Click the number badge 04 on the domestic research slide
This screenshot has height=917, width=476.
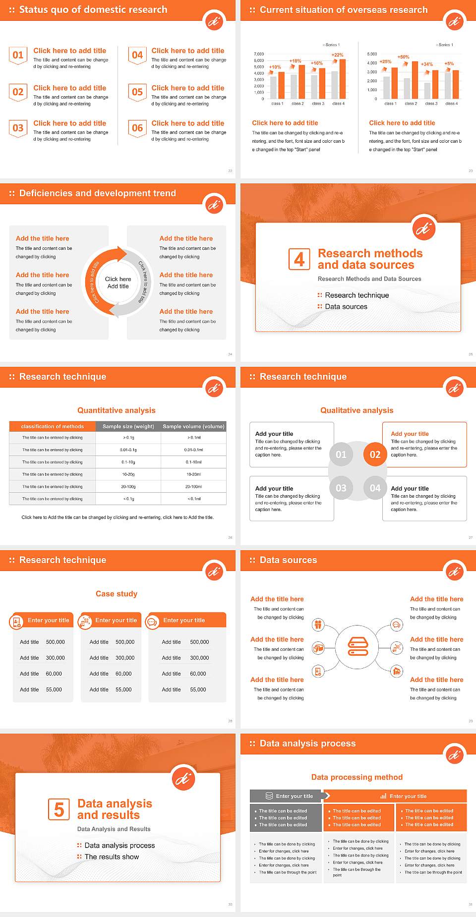[x=137, y=55]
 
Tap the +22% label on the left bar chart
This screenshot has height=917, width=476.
[x=337, y=55]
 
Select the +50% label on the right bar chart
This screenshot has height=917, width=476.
[x=403, y=57]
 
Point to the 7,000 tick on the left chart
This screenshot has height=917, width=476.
[x=259, y=54]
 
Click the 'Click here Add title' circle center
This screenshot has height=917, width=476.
[x=118, y=283]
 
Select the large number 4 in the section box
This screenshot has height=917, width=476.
[x=299, y=259]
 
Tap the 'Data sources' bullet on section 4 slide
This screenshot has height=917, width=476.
[x=346, y=307]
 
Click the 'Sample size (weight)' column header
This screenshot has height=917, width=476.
[x=128, y=426]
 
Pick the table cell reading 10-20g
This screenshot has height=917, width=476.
[x=128, y=474]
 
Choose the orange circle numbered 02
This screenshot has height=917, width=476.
[x=375, y=455]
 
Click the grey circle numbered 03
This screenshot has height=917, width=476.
[x=341, y=488]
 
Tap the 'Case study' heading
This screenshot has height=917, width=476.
[x=117, y=594]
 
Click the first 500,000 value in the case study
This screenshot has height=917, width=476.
[x=55, y=642]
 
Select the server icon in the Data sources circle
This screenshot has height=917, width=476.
[x=358, y=646]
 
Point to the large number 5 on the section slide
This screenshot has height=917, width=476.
[x=59, y=809]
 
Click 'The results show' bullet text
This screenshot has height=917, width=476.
[x=112, y=857]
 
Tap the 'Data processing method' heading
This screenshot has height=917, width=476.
[x=357, y=777]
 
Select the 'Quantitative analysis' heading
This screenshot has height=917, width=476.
[x=117, y=410]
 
